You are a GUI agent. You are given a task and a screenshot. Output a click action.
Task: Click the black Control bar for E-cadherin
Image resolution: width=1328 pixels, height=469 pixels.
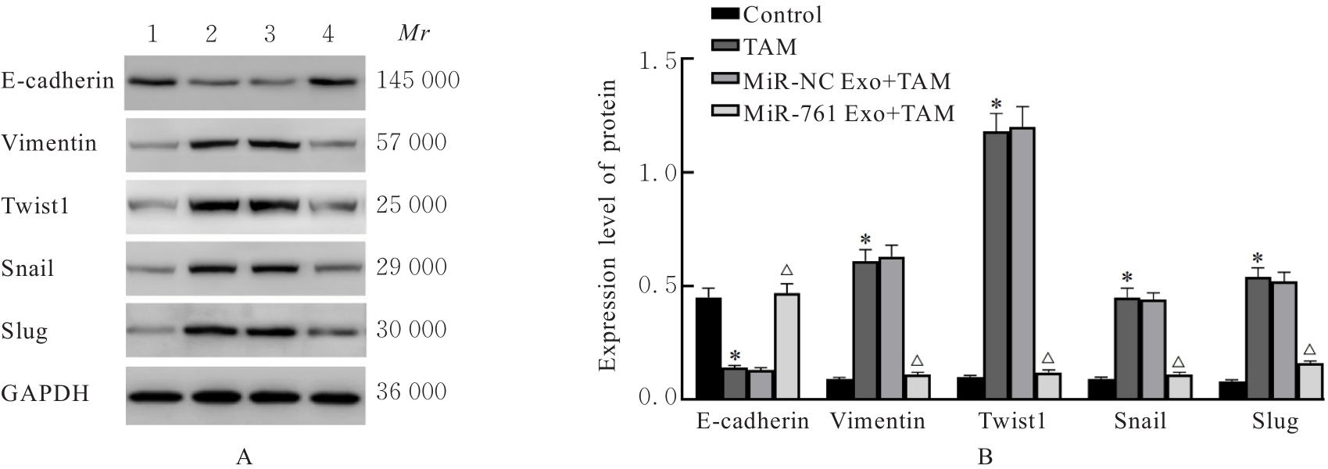click(x=708, y=349)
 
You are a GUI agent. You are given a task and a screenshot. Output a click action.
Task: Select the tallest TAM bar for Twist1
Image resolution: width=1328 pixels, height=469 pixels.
click(x=996, y=266)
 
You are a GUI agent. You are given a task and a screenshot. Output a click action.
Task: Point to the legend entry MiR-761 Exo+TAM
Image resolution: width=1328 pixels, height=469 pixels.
click(x=849, y=113)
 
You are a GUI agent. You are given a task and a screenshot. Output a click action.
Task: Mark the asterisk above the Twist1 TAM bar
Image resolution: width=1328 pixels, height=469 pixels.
click(x=996, y=105)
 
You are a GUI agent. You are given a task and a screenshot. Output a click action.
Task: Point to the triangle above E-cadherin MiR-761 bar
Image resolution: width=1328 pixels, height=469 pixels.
click(x=786, y=271)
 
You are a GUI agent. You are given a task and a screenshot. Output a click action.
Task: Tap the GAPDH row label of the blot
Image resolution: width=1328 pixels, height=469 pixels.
click(x=45, y=393)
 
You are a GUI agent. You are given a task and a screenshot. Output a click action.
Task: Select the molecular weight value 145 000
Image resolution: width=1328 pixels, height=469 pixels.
click(x=418, y=81)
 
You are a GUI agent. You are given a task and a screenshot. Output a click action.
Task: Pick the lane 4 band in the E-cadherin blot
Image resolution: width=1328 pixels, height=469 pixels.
click(x=328, y=81)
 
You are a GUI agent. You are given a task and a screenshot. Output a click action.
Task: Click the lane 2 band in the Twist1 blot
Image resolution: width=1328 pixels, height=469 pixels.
click(x=211, y=206)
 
